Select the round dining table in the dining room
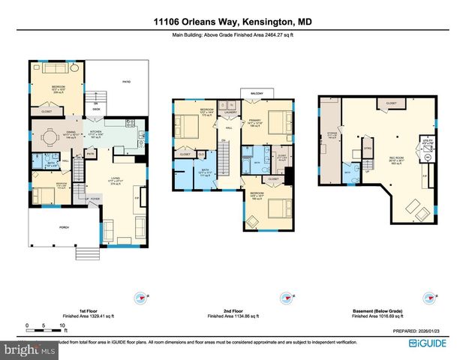point(50,137)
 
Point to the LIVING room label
point(115,178)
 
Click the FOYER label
point(95,199)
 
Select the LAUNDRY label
point(231,113)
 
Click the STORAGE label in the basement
point(332,136)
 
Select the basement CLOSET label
point(391,103)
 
